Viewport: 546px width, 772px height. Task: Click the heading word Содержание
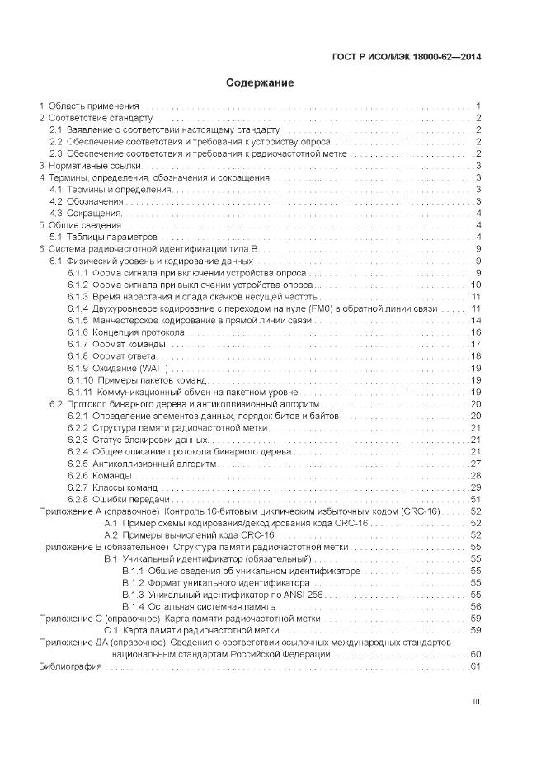click(x=260, y=83)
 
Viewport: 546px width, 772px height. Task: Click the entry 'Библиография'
click(x=69, y=666)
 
